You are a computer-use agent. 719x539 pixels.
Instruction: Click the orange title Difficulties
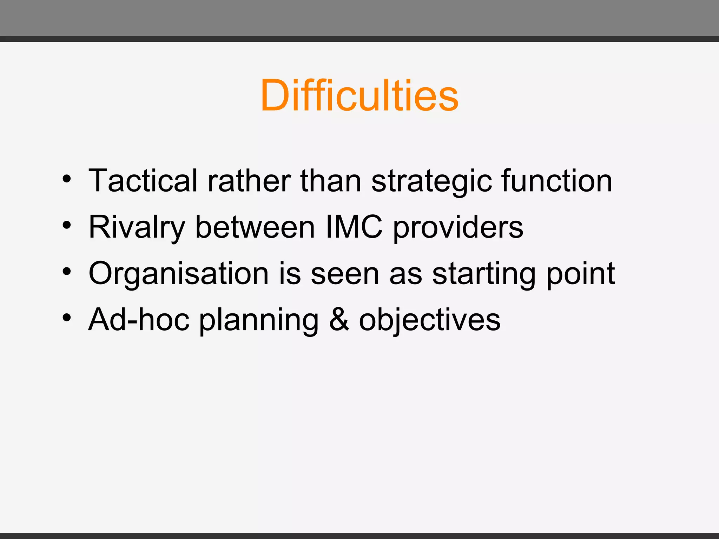(x=359, y=95)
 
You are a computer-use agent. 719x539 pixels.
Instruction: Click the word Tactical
(x=143, y=181)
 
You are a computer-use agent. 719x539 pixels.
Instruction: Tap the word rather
(x=249, y=181)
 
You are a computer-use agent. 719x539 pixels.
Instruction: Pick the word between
(x=255, y=227)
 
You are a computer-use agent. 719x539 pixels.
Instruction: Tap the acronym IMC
(x=354, y=227)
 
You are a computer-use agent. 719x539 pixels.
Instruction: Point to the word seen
(x=345, y=274)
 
